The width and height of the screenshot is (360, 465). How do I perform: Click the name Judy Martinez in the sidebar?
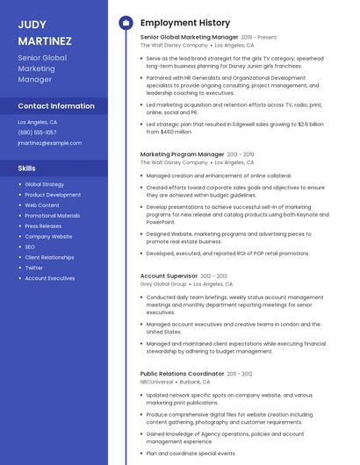[45, 32]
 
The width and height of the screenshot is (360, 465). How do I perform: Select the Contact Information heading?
[56, 105]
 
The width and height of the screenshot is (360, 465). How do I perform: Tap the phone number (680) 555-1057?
[37, 132]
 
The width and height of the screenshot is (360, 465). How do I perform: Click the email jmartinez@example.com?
[43, 142]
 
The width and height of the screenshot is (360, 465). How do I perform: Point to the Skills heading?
[27, 167]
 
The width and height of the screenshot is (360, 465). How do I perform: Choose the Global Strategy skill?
[44, 184]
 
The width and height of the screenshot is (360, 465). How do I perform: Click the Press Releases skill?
[43, 225]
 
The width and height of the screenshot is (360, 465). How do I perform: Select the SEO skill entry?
[30, 247]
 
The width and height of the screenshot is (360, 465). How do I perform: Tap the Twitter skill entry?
[33, 268]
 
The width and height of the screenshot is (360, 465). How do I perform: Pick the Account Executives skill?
[49, 278]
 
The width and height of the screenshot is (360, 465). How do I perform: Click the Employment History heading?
[184, 23]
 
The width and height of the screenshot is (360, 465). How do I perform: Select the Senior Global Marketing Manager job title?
[189, 38]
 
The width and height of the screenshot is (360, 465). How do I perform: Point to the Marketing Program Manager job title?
[182, 154]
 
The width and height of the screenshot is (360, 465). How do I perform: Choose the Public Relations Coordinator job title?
[182, 374]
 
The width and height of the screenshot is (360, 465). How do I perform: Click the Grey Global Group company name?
[163, 284]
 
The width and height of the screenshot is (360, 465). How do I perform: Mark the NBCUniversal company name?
[156, 383]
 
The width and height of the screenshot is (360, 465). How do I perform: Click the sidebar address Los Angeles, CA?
[37, 122]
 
